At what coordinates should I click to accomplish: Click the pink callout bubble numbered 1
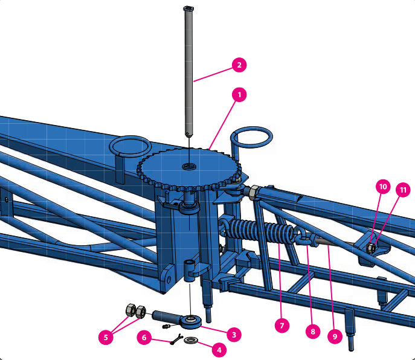pyautogui.click(x=239, y=95)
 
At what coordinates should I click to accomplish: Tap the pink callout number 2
pyautogui.click(x=239, y=65)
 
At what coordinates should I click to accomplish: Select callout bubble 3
pyautogui.click(x=234, y=335)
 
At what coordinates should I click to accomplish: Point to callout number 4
pyautogui.click(x=219, y=350)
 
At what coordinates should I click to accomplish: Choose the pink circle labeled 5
pyautogui.click(x=106, y=337)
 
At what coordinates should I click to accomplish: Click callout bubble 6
pyautogui.click(x=144, y=337)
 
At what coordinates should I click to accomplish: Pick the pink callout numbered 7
pyautogui.click(x=281, y=326)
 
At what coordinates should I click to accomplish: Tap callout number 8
pyautogui.click(x=312, y=332)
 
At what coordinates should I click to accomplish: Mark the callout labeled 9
pyautogui.click(x=335, y=336)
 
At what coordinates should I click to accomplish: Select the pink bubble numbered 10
pyautogui.click(x=383, y=187)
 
